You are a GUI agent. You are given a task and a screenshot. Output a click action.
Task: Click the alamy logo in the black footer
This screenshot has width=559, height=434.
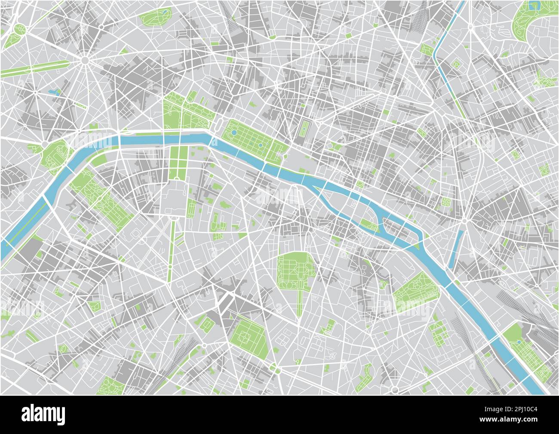pos(43,414)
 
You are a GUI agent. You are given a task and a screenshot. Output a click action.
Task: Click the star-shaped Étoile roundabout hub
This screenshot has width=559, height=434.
pos(85,61)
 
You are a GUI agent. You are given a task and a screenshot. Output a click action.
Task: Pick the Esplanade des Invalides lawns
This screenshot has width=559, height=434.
pos(176,161)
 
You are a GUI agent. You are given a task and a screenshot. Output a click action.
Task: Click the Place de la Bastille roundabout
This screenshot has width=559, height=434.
pos(465,221)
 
